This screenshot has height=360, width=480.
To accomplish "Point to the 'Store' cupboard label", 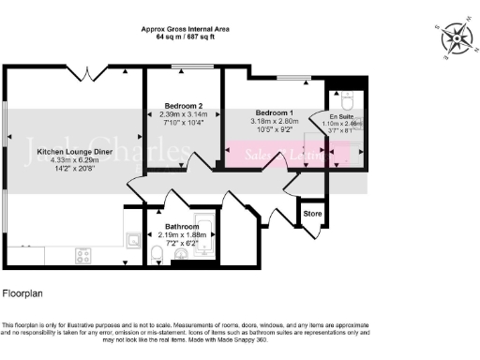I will (x=312, y=213).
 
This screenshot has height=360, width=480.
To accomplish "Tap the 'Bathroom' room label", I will (x=179, y=227).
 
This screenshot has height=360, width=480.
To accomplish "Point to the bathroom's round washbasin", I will (x=178, y=254).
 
